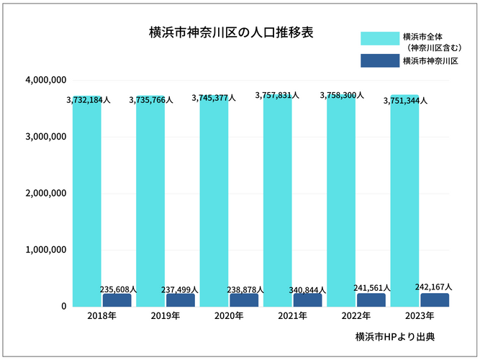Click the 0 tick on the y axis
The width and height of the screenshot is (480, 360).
click(x=64, y=307)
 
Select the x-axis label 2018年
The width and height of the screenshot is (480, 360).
click(x=102, y=317)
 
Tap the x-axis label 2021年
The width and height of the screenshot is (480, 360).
click(x=293, y=317)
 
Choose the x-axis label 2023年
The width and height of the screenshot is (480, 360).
click(x=420, y=317)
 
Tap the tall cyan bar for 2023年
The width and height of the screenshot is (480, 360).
click(x=404, y=205)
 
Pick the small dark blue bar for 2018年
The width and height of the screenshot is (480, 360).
click(x=117, y=300)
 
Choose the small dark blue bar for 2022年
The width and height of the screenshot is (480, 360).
click(x=371, y=300)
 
